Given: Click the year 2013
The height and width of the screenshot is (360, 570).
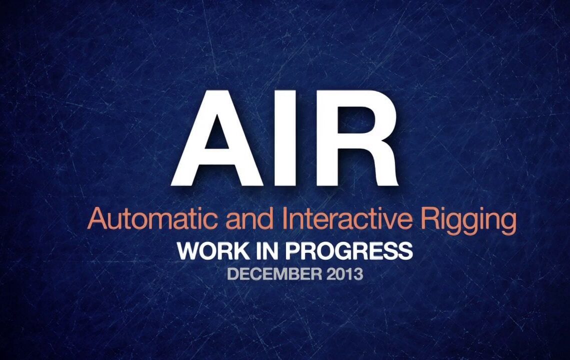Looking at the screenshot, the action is click(x=344, y=274).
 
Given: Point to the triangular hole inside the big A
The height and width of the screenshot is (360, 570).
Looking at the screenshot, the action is click(x=217, y=134).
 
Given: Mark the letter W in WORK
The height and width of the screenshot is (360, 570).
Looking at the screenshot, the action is click(x=188, y=251).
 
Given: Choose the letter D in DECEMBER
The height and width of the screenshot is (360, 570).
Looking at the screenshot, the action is click(x=232, y=274).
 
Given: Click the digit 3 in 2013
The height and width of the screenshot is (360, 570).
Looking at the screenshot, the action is click(x=358, y=274).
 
